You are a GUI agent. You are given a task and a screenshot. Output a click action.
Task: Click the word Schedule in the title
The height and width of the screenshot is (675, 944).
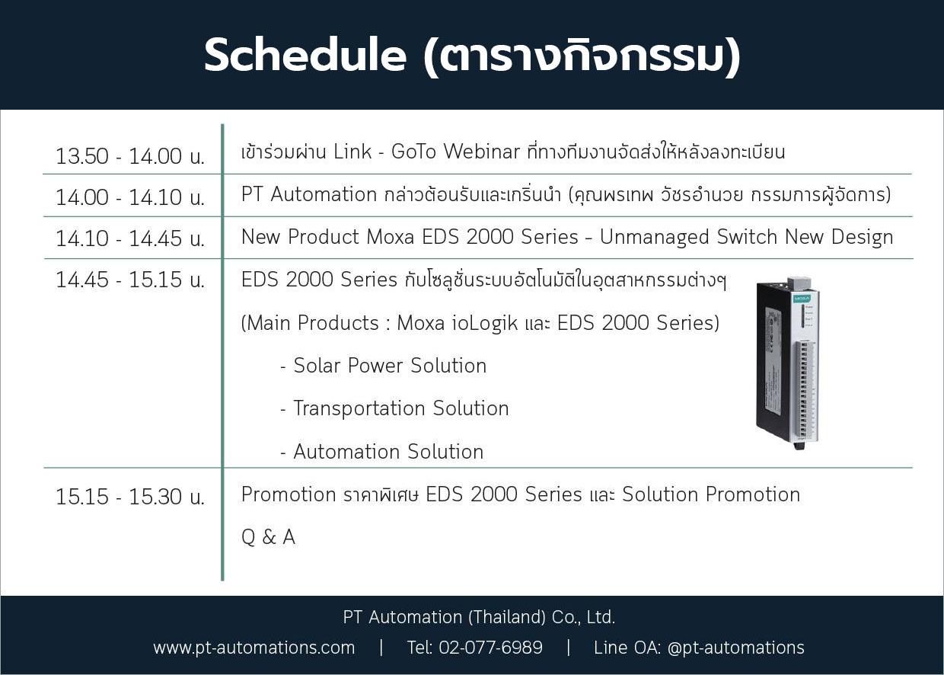pos(305,55)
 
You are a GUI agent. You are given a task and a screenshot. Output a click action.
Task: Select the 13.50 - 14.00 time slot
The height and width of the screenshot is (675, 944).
pos(129,156)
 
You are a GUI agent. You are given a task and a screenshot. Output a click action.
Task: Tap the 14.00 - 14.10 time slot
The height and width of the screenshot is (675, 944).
pos(129,197)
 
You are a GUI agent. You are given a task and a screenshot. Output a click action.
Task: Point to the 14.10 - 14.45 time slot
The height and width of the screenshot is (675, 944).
pos(129,238)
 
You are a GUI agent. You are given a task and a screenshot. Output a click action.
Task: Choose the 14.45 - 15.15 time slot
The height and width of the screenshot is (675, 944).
pos(129,280)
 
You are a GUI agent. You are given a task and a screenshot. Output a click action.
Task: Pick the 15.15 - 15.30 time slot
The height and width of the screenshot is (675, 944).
pos(129,496)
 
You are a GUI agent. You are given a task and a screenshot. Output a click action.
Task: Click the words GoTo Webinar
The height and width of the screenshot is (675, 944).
pos(455,152)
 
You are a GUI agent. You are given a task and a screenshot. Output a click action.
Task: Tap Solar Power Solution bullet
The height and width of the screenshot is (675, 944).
pos(384,366)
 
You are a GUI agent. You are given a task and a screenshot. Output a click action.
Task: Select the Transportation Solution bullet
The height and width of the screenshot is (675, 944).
pos(394,408)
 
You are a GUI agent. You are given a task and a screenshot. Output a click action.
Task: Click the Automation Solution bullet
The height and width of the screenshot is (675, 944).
pos(382,452)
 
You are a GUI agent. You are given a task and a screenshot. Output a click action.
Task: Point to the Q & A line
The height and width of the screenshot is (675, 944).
pos(268,537)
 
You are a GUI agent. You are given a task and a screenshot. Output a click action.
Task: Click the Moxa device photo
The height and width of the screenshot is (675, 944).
pos(788,363)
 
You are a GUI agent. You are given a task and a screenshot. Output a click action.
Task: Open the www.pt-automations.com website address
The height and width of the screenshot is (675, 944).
pos(254,648)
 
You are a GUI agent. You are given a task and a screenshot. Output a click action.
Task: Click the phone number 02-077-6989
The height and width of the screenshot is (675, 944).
pos(490,647)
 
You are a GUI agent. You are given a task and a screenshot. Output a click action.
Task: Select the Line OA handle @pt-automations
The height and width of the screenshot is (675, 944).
pos(736,648)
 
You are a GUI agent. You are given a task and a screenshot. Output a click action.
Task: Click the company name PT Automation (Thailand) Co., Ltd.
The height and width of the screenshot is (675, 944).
pos(479,617)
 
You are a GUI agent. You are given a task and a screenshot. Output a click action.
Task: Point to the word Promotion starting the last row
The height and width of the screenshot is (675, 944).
pos(289,494)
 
